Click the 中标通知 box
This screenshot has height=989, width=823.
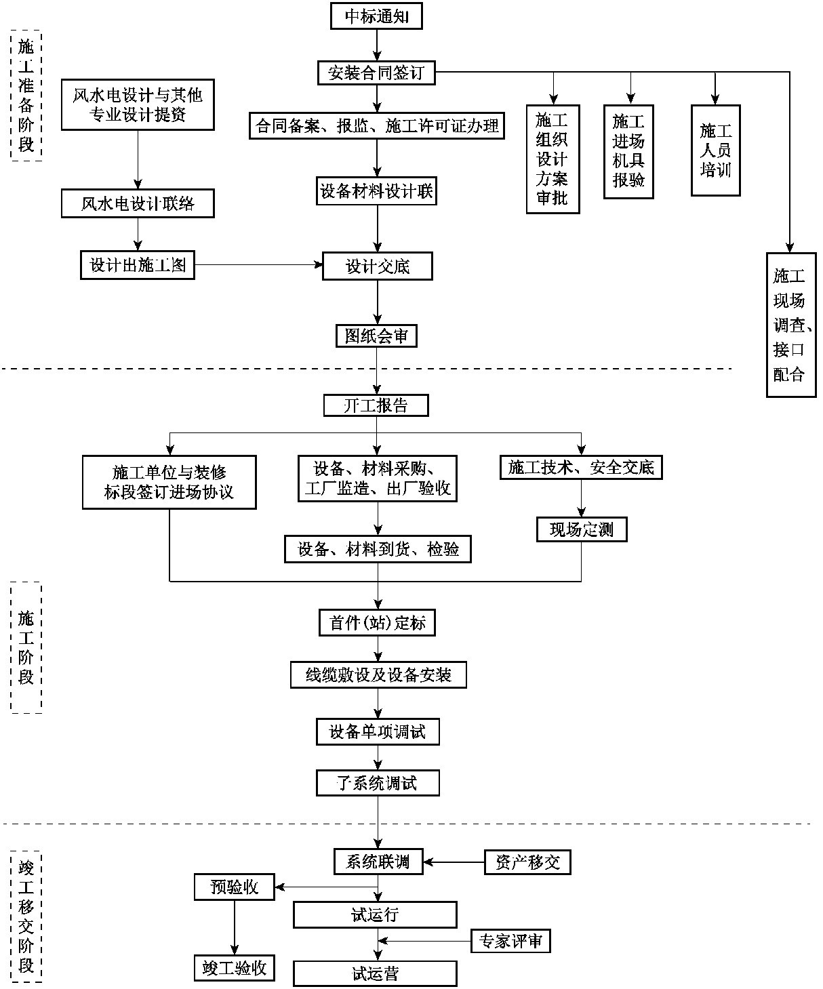click(376, 16)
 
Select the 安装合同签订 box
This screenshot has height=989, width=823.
click(376, 73)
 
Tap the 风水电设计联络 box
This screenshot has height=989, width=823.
click(138, 204)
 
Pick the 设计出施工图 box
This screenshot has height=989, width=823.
click(138, 265)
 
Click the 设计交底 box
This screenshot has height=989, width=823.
click(378, 266)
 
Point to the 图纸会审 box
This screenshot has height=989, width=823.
click(376, 336)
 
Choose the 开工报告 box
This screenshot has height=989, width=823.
click(376, 405)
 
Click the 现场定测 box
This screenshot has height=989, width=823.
click(582, 529)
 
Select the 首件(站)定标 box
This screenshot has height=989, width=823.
click(377, 623)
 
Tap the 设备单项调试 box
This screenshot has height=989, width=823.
click(378, 732)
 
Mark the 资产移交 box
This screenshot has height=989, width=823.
click(527, 862)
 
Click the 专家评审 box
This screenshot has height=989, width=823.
click(510, 941)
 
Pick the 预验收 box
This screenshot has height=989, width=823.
click(235, 887)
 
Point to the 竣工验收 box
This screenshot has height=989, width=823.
click(235, 968)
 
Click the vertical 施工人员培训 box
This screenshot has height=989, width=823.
click(715, 150)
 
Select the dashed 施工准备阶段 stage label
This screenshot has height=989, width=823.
click(26, 96)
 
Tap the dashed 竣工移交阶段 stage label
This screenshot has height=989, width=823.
click(26, 916)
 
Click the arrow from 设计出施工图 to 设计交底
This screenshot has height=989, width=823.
click(258, 265)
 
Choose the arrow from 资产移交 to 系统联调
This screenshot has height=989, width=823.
click(454, 862)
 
